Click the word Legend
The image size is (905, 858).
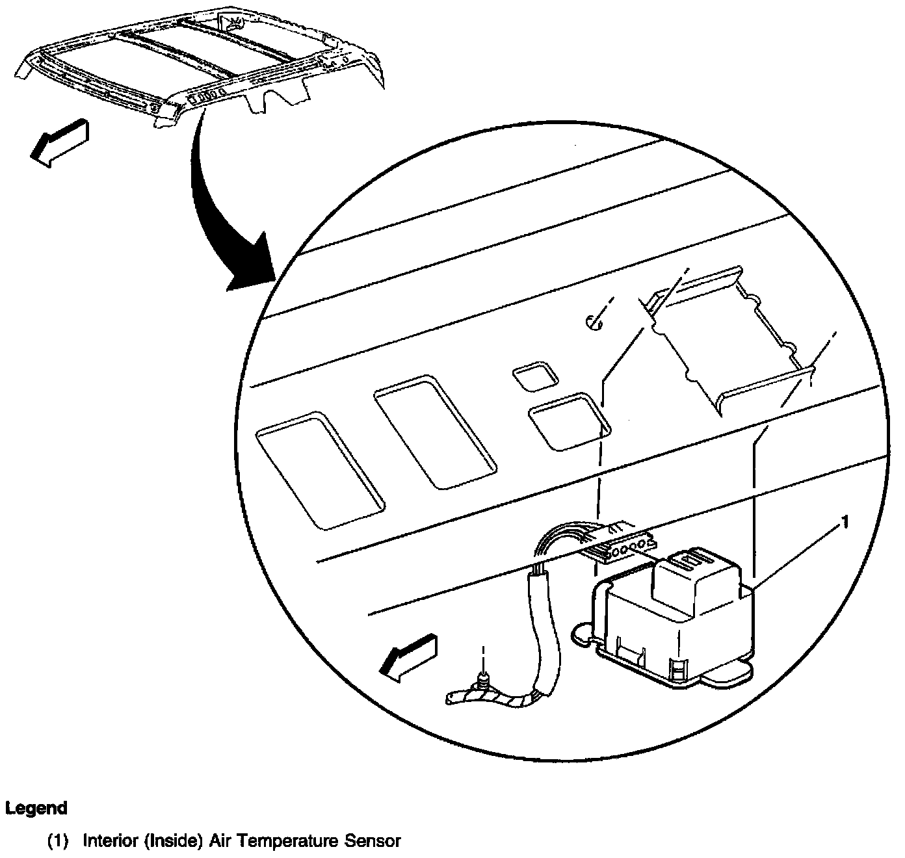(36, 809)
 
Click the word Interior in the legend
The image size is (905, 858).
(106, 841)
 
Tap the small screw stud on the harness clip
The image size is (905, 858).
(482, 680)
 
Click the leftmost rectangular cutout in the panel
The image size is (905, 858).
(320, 468)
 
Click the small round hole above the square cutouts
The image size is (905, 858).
(594, 321)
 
